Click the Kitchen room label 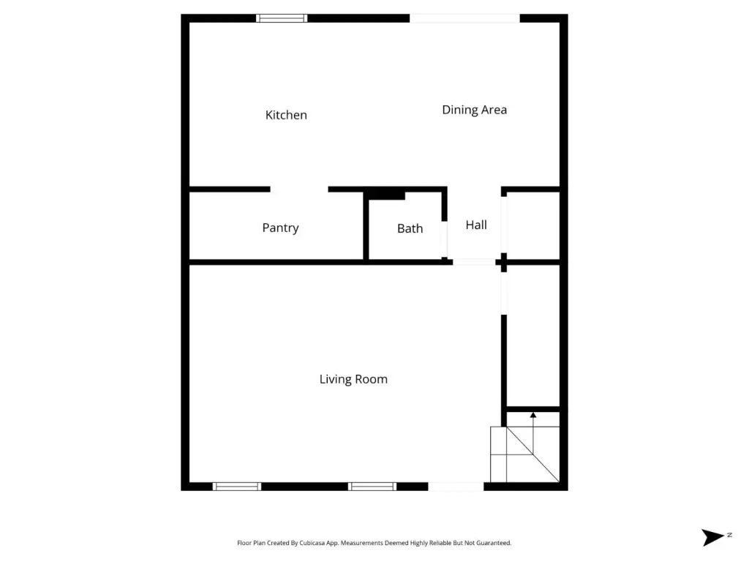click(x=286, y=115)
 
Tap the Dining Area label click(x=474, y=110)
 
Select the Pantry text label click(x=280, y=228)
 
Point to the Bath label click(x=410, y=228)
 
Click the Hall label click(x=476, y=225)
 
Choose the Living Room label click(x=353, y=379)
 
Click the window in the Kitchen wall click(x=282, y=18)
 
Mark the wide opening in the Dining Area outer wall click(x=464, y=18)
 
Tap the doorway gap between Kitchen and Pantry click(x=299, y=190)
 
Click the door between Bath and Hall click(x=444, y=239)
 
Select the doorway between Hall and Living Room click(x=474, y=262)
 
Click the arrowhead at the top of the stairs click(x=533, y=416)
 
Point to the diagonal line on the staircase click(x=533, y=454)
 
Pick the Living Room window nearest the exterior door click(x=372, y=487)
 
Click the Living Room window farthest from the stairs click(x=237, y=487)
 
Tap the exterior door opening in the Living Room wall click(x=456, y=487)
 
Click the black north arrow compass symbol click(x=712, y=537)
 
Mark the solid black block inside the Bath click(x=386, y=195)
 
